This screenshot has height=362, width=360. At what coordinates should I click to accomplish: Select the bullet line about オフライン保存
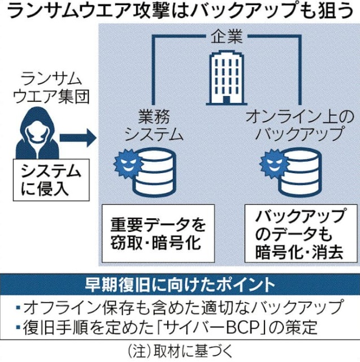click(x=180, y=307)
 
